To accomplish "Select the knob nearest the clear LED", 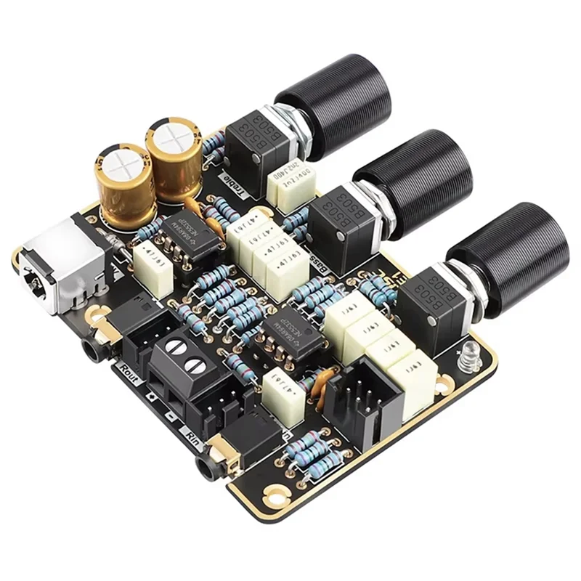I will coord(501,251).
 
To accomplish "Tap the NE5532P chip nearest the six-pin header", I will coord(288,333).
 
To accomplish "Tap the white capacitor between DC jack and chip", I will coord(153,262).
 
